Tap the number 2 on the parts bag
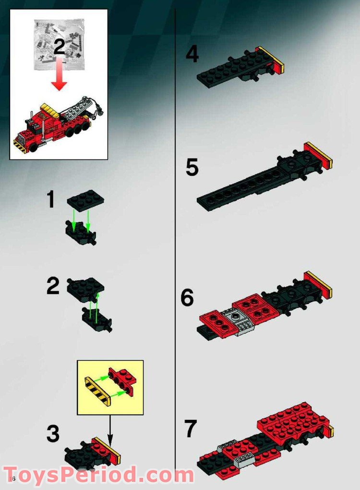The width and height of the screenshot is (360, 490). pos(59,47)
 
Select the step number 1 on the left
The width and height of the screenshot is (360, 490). pos(50,200)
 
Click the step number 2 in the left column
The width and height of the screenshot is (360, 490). pos(53,287)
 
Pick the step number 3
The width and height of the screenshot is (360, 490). pos(53,434)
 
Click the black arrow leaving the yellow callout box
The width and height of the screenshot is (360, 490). pos(109,429)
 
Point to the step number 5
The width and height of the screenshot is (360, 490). pos(192,168)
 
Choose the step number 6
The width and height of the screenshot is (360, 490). pos(187,298)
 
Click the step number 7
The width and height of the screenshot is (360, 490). pos(191,429)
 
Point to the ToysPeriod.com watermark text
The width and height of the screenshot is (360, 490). pos(98,475)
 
